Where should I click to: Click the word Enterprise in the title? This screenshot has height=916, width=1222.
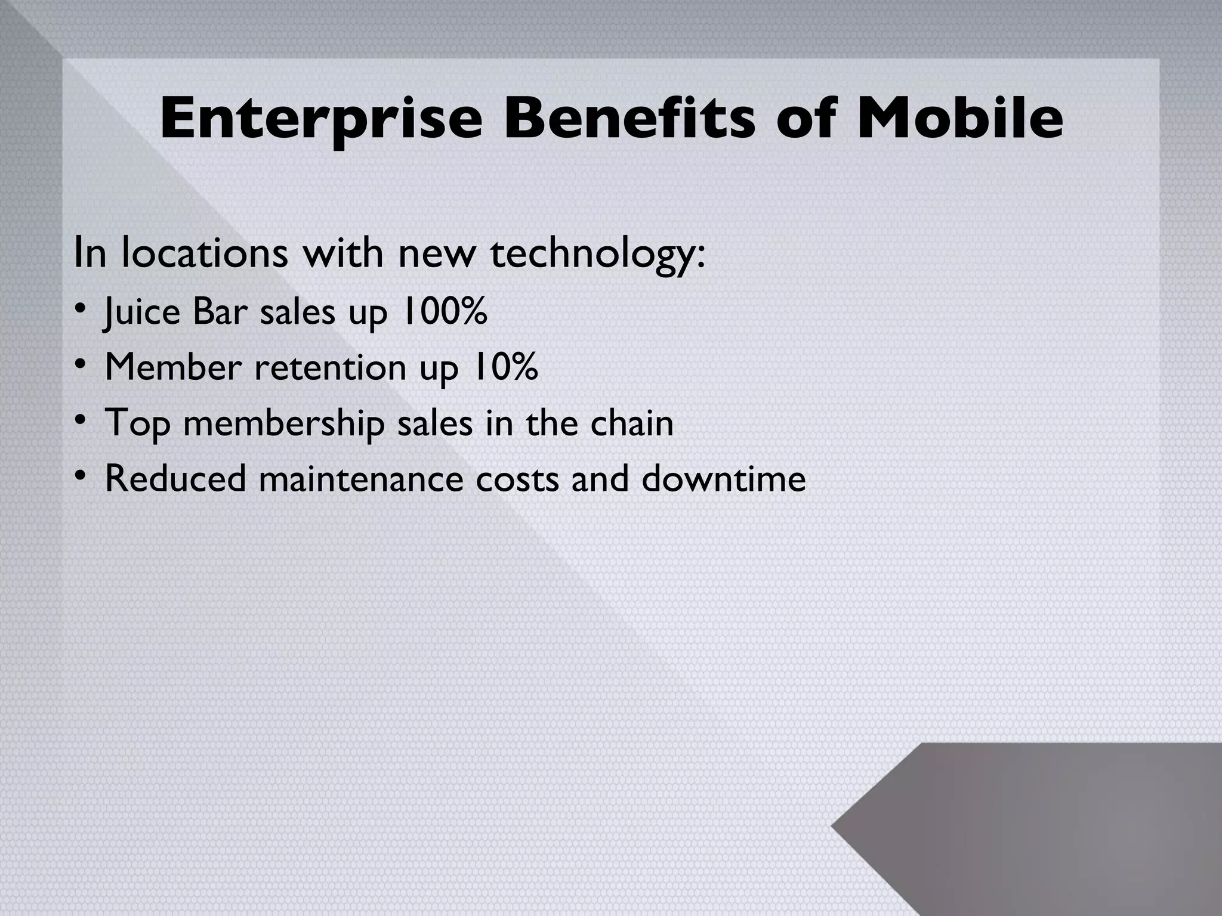pos(320,119)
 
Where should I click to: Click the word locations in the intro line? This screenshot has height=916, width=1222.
pos(205,252)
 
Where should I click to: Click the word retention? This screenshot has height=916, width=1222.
pos(331,367)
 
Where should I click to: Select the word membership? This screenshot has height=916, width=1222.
pos(283,423)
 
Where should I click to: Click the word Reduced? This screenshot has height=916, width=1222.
pos(175,478)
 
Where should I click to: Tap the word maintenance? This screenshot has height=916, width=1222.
pos(360,478)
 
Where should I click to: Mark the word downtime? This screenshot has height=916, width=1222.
pos(723,478)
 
